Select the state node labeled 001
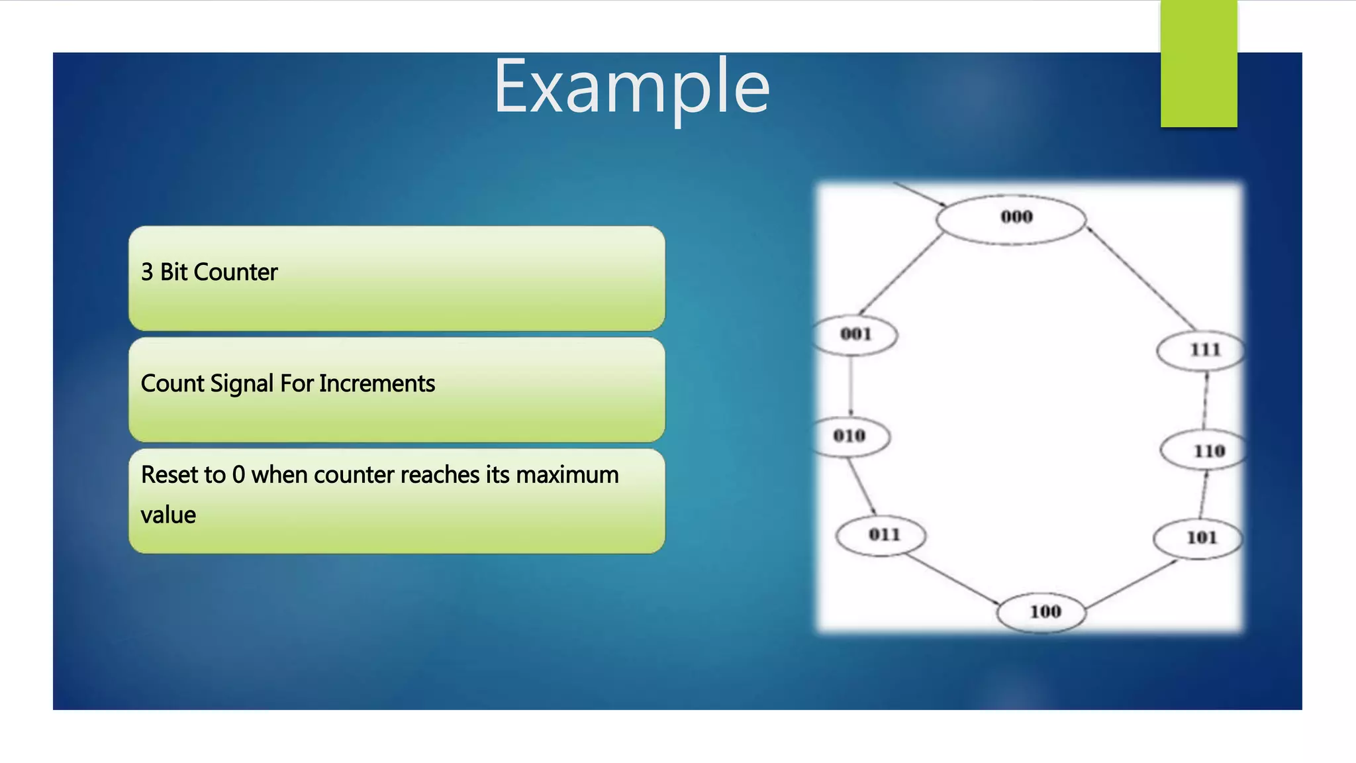tap(855, 335)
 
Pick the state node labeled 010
tap(849, 436)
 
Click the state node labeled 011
tap(881, 535)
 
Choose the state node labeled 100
tap(1042, 612)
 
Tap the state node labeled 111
tap(1201, 350)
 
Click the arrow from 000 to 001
tap(900, 273)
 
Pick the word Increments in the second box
tap(377, 384)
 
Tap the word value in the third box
tap(168, 515)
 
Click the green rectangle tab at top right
tap(1198, 64)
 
